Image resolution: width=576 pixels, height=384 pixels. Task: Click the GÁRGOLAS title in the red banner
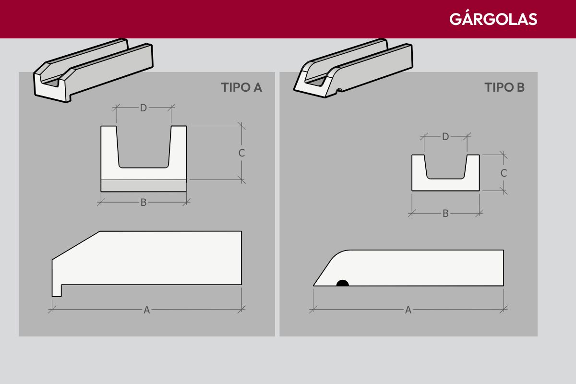click(493, 19)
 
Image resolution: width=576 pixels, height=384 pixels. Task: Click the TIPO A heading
click(241, 87)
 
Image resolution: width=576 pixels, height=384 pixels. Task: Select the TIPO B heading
click(504, 87)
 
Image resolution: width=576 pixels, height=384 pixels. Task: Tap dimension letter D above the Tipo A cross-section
click(143, 108)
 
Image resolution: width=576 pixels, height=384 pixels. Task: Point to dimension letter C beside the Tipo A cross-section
click(241, 153)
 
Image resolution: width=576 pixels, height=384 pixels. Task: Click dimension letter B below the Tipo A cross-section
click(144, 203)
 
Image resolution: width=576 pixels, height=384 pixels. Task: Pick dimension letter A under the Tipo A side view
click(146, 310)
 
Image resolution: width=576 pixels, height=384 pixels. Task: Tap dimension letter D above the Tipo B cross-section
click(445, 137)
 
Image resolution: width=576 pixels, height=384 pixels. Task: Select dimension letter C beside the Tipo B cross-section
click(504, 173)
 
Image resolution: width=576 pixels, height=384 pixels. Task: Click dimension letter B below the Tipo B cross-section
click(445, 214)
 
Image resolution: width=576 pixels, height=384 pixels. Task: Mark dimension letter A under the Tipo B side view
click(408, 310)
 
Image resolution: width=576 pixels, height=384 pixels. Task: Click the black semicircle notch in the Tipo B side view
click(343, 283)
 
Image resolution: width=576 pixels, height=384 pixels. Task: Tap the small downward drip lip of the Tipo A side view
click(57, 290)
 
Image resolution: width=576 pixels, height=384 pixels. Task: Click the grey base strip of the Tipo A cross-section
click(144, 185)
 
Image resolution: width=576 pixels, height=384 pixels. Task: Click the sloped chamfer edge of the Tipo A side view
click(76, 245)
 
